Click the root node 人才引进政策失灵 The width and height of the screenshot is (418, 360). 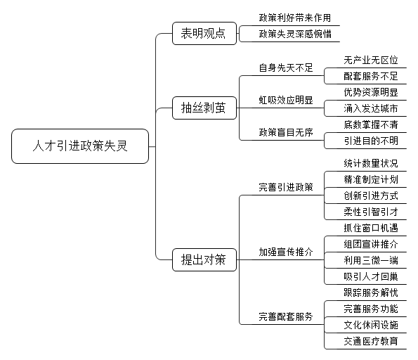(x=80, y=146)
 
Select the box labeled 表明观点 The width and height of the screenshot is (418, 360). (x=204, y=33)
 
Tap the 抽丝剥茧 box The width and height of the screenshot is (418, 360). (x=204, y=108)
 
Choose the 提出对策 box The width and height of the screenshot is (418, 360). (x=204, y=259)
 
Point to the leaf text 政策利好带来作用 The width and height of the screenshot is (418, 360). (x=295, y=18)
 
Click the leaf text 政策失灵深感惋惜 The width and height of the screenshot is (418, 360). (x=295, y=34)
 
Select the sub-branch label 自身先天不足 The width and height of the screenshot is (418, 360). (x=286, y=67)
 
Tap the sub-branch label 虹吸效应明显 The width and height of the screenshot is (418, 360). (x=286, y=100)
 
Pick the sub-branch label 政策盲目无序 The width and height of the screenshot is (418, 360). (x=286, y=132)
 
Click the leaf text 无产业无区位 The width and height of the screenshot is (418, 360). (x=371, y=60)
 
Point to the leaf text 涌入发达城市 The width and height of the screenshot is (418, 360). (x=371, y=108)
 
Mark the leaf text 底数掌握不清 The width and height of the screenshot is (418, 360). (x=371, y=124)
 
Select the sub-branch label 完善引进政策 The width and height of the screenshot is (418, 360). (x=286, y=187)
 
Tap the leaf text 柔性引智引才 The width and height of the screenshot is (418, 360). (x=371, y=212)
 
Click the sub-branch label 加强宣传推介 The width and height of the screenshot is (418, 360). (x=286, y=252)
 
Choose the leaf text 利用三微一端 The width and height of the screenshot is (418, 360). (x=371, y=260)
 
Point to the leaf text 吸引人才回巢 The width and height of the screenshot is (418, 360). (x=371, y=276)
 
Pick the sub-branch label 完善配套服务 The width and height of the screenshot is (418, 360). (x=286, y=317)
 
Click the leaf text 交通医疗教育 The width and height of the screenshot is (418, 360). (x=371, y=341)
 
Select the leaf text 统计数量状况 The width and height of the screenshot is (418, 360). (x=371, y=163)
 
